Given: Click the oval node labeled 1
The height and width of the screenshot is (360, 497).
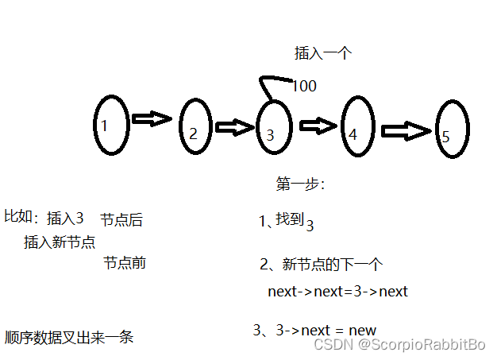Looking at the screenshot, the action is [x=110, y=125].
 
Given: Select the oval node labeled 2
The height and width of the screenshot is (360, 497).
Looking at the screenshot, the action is [x=194, y=126].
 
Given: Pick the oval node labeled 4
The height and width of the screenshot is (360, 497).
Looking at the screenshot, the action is [x=355, y=128].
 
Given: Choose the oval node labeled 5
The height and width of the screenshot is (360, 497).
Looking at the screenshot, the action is [x=451, y=130].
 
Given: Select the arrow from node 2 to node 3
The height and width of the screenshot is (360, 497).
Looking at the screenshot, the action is [x=234, y=127].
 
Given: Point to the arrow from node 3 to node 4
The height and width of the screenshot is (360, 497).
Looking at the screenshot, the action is [x=318, y=125].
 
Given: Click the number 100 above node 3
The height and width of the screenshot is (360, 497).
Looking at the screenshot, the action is [x=304, y=86].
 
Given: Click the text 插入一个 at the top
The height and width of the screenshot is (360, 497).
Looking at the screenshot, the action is [x=322, y=53].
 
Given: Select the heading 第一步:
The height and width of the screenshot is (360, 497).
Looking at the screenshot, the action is [x=300, y=184].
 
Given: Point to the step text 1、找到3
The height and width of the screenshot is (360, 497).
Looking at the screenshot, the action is [x=287, y=223].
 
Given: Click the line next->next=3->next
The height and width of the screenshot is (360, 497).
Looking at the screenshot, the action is [x=337, y=291].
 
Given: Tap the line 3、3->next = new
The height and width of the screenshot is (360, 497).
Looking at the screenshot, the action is [x=314, y=330].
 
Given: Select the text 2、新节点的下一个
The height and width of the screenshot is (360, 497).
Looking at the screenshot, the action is [x=322, y=265].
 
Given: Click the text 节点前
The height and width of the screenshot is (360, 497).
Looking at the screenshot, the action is [x=125, y=262].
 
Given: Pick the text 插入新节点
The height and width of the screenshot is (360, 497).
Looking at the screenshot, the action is [x=60, y=242].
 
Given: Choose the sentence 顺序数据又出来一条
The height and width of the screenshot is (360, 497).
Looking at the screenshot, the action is [x=68, y=337].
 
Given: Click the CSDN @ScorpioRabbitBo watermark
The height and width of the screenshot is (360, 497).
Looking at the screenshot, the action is [x=399, y=344].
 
